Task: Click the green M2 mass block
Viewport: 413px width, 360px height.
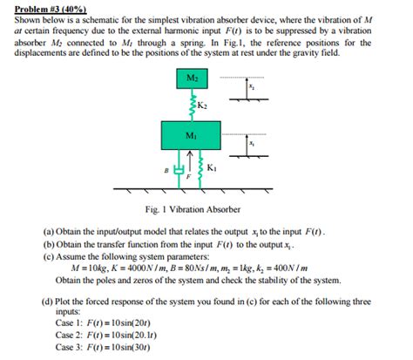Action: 193,82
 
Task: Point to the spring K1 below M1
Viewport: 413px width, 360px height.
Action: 201,169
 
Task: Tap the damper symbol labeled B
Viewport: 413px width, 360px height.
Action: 180,167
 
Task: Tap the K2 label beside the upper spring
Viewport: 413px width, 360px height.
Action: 203,107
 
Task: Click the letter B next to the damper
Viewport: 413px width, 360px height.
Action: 168,172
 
